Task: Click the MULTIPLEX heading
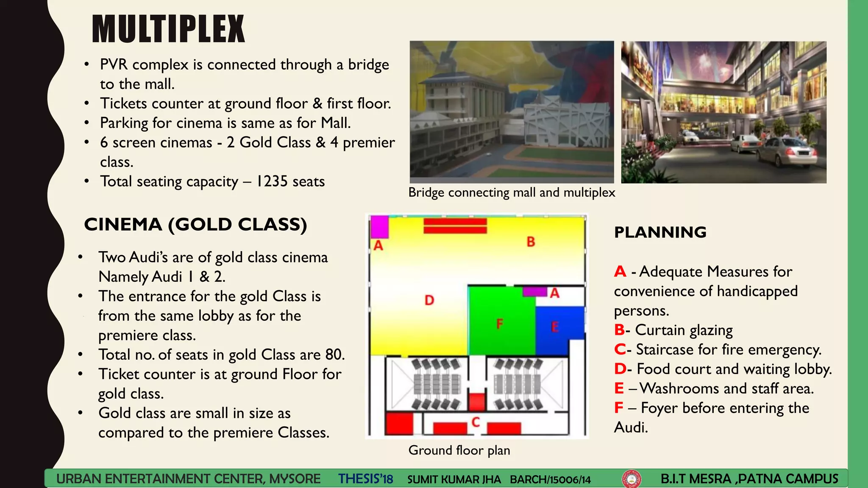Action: [x=168, y=29]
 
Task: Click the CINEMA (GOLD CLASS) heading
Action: [x=195, y=225]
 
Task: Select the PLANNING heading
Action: [x=660, y=232]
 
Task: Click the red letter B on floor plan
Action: [x=531, y=242]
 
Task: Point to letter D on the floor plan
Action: [x=429, y=300]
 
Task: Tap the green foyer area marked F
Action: [x=500, y=324]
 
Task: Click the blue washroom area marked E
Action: [x=555, y=327]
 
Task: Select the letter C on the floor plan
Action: [x=476, y=422]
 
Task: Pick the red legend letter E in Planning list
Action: [x=619, y=388]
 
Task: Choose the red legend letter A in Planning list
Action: [x=620, y=272]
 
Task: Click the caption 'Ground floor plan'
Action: [x=459, y=450]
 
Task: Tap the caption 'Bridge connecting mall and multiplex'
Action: [x=512, y=193]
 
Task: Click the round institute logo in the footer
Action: [x=631, y=479]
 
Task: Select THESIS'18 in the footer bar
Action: [x=365, y=479]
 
